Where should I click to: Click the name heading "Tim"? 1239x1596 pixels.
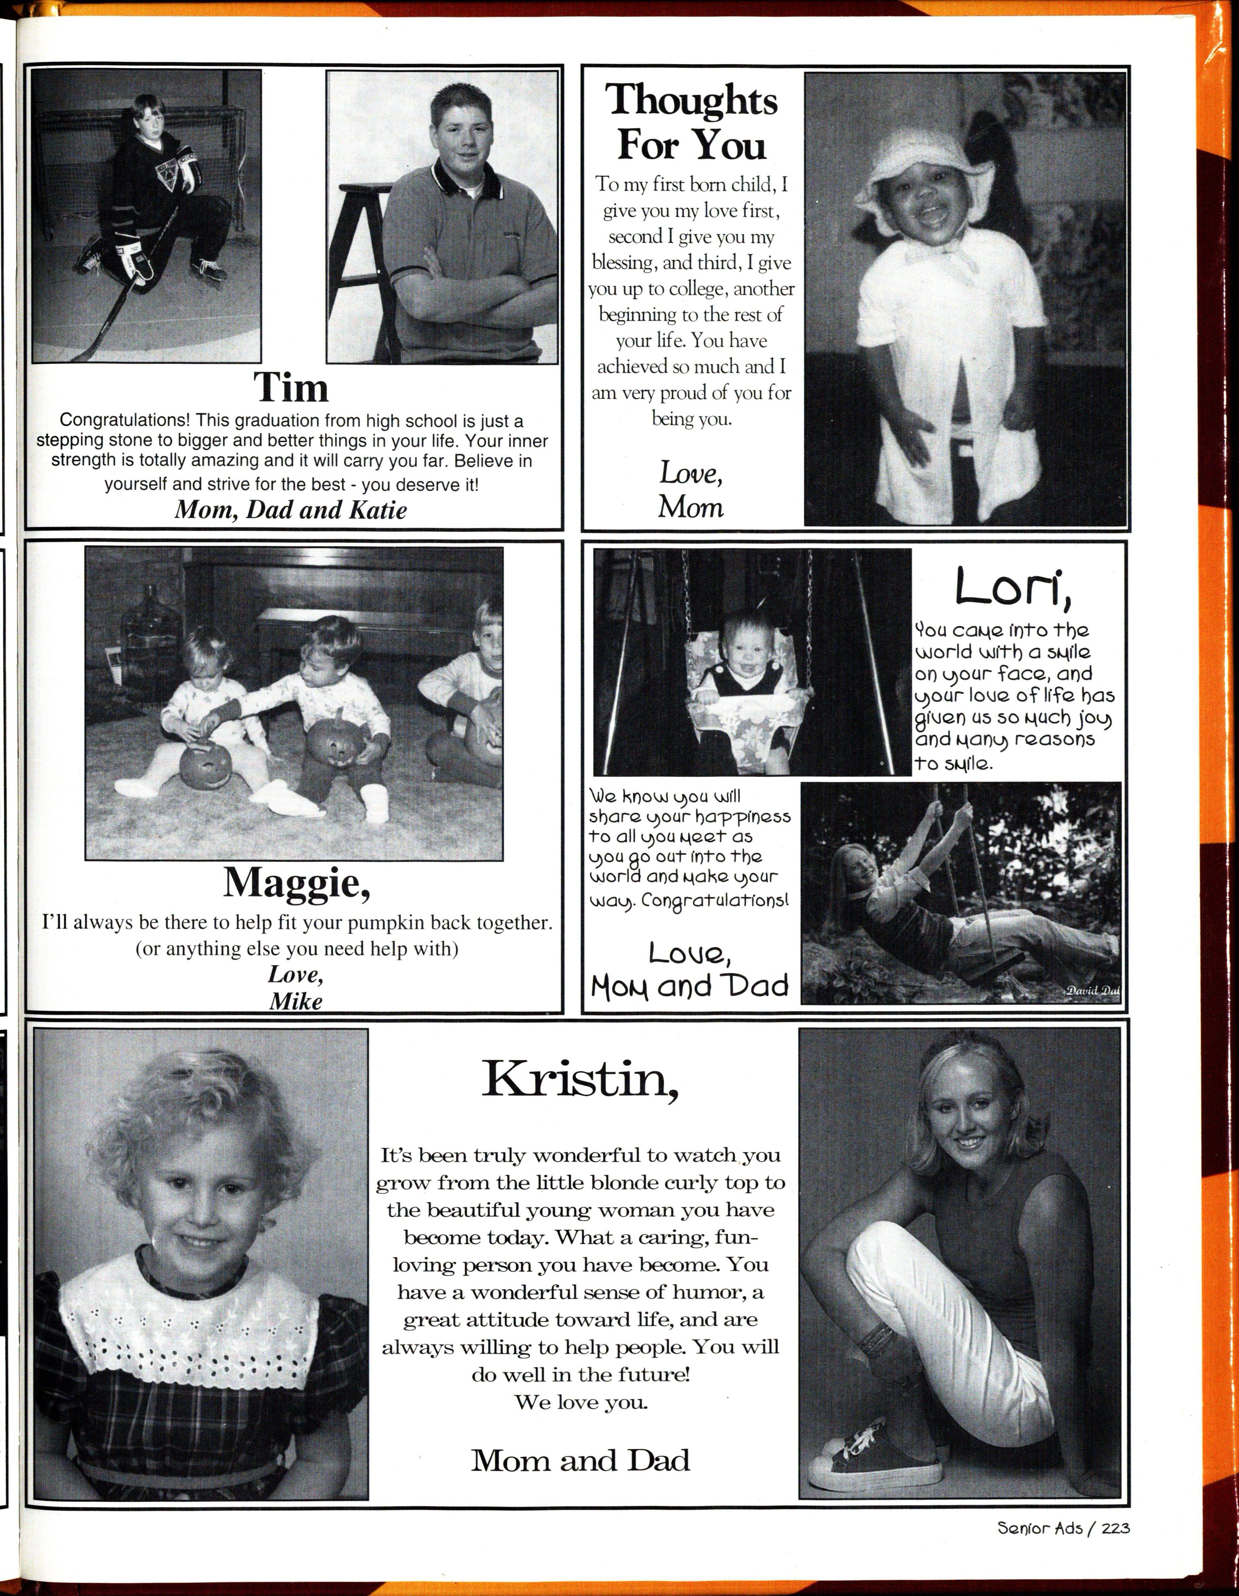[x=291, y=387]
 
